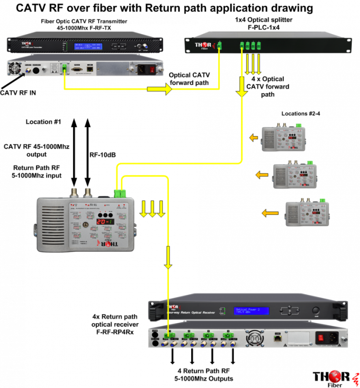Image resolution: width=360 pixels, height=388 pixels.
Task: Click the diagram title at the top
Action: pos(165,8)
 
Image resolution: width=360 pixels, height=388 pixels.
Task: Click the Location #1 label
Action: pos(43,122)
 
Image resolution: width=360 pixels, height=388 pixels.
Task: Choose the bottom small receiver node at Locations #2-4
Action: pos(309,213)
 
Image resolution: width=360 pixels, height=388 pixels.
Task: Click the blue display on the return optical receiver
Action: pos(251,311)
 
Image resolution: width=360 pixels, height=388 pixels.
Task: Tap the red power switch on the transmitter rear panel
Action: pos(152,70)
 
